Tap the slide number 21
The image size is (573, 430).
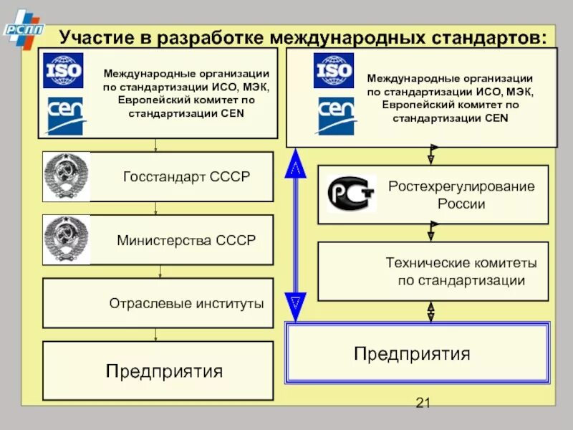(x=423, y=403)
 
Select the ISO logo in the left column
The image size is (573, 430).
(x=63, y=70)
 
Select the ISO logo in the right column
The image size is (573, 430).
(x=334, y=70)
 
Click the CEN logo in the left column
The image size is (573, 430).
(x=63, y=115)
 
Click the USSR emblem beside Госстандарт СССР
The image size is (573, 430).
(x=66, y=176)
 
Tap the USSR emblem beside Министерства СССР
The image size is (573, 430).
(x=66, y=239)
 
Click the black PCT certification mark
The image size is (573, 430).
(x=351, y=194)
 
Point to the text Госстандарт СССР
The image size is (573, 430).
(x=186, y=176)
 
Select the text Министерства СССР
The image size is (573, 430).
(x=186, y=240)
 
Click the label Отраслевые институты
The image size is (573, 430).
(x=186, y=303)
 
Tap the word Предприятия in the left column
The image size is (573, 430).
(x=164, y=371)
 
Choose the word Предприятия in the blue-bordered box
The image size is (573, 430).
(x=412, y=353)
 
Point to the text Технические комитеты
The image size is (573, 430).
(x=461, y=263)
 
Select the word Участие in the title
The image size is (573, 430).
(x=95, y=37)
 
